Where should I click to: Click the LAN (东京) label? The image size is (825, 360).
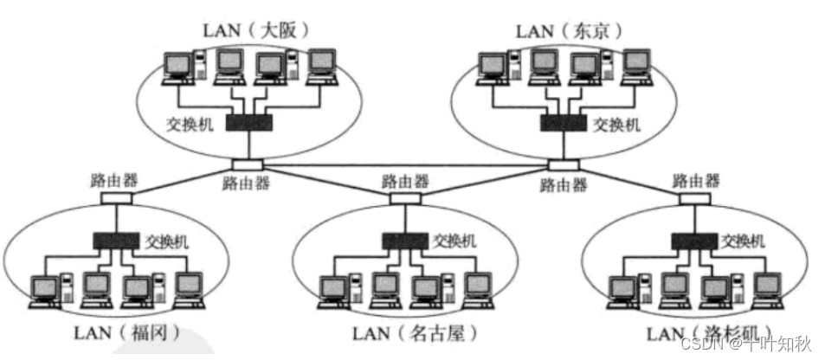569,30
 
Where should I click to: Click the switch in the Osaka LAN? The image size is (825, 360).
249,124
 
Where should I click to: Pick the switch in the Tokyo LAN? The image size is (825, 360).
563,124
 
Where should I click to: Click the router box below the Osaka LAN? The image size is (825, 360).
248,164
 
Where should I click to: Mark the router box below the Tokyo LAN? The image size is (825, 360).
564,164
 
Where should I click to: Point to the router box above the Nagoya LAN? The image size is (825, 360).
404,198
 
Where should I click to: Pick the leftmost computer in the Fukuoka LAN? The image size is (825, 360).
42,290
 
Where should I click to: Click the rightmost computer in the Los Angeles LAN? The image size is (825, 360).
767,290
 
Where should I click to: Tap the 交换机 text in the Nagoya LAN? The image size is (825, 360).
454,241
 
